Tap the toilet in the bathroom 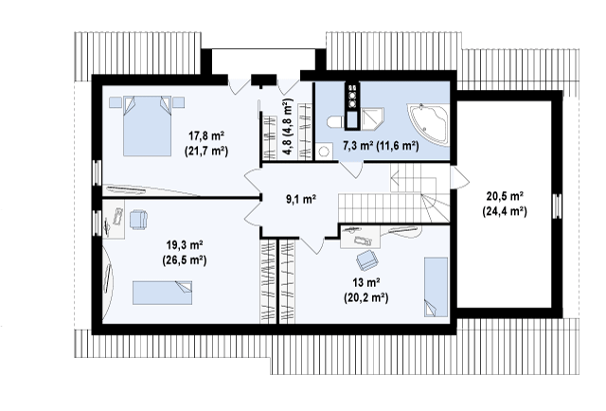[x=336, y=122]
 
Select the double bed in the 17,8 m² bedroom [x=147, y=126]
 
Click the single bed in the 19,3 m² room [x=162, y=293]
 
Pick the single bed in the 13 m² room [x=436, y=287]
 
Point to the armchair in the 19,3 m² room [x=138, y=219]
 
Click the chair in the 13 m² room [x=366, y=259]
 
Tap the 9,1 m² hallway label [x=301, y=200]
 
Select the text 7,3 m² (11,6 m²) [x=381, y=146]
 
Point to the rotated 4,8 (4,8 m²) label [x=288, y=127]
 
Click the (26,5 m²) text [x=185, y=260]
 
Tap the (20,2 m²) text [x=366, y=297]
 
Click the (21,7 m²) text [x=206, y=151]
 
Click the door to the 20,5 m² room [x=459, y=177]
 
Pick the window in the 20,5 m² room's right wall [x=557, y=205]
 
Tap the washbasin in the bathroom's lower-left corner [x=324, y=152]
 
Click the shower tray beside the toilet [x=372, y=119]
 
